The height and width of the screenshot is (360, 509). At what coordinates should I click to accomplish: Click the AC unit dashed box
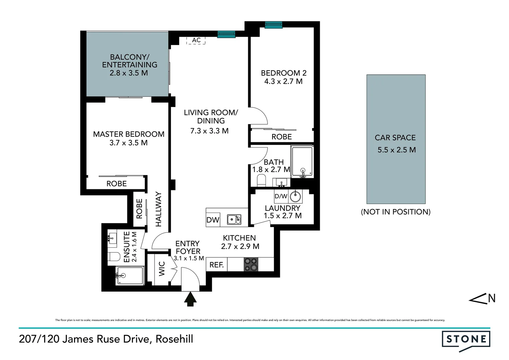tap(196, 40)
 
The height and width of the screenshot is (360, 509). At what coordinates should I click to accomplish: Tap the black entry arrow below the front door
tap(190, 299)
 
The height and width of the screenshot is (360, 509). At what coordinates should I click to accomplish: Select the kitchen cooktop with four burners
tap(251, 265)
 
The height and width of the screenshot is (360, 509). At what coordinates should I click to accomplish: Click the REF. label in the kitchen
tap(217, 265)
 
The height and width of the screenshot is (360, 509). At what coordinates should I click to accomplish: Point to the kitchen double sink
tap(234, 219)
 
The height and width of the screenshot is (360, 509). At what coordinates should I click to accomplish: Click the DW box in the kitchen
tap(213, 220)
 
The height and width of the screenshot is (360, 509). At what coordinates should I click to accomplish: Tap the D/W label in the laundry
tap(281, 196)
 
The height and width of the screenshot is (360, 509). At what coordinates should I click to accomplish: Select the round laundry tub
tap(295, 196)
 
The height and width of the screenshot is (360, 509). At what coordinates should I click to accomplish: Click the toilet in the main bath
tap(261, 181)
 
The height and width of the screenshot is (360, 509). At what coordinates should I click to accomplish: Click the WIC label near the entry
tap(162, 269)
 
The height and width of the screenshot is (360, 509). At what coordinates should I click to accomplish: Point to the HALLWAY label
tap(158, 209)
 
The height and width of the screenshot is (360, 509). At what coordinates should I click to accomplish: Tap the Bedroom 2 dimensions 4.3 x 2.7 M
tap(283, 81)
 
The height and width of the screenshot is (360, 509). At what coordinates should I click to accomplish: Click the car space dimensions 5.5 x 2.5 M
tap(396, 150)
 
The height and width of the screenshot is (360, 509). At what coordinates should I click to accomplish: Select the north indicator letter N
tap(492, 298)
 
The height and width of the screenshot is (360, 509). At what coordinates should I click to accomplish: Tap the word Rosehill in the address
tap(174, 339)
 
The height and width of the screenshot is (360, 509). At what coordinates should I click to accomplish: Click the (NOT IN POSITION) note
tap(395, 212)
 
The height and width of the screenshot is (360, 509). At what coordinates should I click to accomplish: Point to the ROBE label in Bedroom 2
tap(281, 137)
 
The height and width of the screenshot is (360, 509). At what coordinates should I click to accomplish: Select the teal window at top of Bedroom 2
tap(273, 25)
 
